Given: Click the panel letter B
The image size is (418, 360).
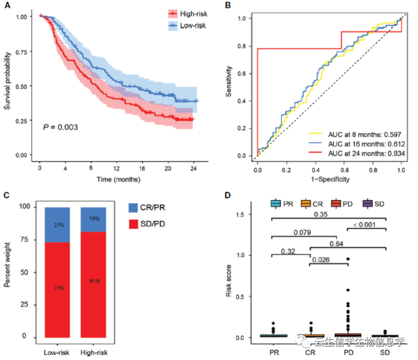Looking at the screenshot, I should (x=227, y=5).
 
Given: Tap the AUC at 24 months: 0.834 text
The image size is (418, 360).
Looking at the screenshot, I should (x=354, y=152).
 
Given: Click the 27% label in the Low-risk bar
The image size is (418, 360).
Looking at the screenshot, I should (x=59, y=225).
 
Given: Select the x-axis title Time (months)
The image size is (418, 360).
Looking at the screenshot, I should (x=116, y=180).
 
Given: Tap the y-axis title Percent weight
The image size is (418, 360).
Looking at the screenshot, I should (x=10, y=272).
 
